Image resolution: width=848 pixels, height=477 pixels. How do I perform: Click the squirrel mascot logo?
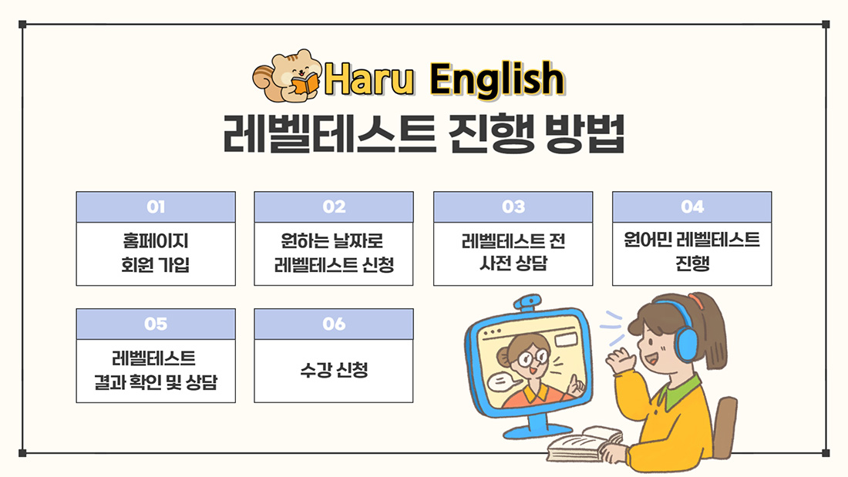point(287,76)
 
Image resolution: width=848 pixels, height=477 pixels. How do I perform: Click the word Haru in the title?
point(369,79)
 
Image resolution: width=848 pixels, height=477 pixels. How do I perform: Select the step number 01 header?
point(156,207)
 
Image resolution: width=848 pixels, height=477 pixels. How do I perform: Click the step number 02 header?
point(334,207)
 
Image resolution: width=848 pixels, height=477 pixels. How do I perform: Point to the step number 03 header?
point(513,207)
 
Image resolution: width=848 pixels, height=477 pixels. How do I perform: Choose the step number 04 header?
point(692,207)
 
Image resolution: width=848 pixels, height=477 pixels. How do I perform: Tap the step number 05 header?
point(156,324)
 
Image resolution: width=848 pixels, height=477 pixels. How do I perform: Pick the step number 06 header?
point(334,324)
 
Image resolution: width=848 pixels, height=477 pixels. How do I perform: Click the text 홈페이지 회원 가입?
point(156,253)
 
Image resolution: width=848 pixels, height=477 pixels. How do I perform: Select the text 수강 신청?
point(335,370)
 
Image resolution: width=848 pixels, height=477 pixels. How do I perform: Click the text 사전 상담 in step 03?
point(513,264)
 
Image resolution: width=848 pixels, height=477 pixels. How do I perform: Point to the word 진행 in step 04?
point(692,264)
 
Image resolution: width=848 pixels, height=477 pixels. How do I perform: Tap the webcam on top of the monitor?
point(528,302)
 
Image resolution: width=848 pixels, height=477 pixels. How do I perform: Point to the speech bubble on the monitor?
point(505,381)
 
